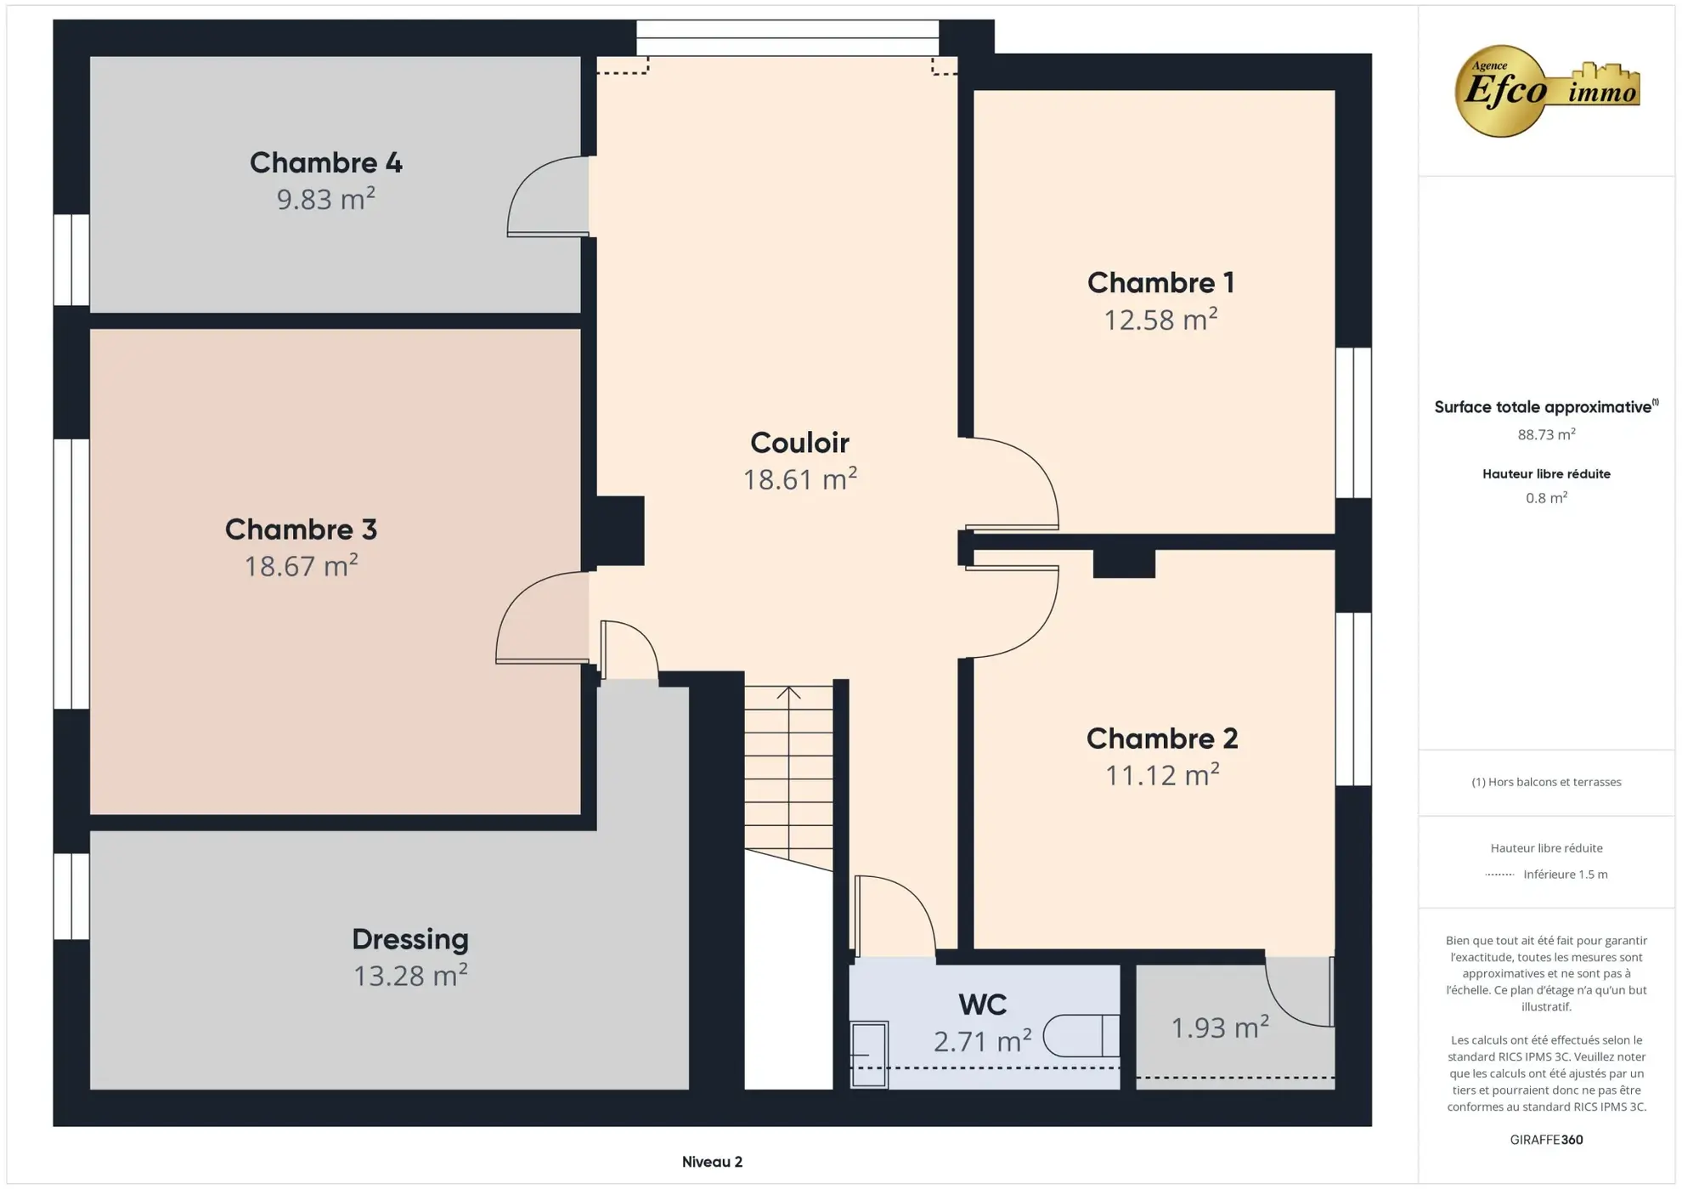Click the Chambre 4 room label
tap(325, 162)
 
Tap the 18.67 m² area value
tap(301, 566)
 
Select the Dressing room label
tap(409, 939)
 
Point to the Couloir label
tap(799, 443)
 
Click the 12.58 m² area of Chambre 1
tap(1160, 320)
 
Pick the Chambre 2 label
tap(1161, 739)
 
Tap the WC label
tap(982, 1005)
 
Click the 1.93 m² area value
tap(1219, 1028)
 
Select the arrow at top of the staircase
tap(788, 693)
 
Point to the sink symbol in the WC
tap(868, 1054)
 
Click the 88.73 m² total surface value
tap(1545, 434)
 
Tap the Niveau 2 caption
tap(712, 1162)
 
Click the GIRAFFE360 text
tap(1545, 1140)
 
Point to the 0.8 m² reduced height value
tap(1545, 498)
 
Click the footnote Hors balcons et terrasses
tap(1545, 782)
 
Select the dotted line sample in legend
tap(1499, 875)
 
